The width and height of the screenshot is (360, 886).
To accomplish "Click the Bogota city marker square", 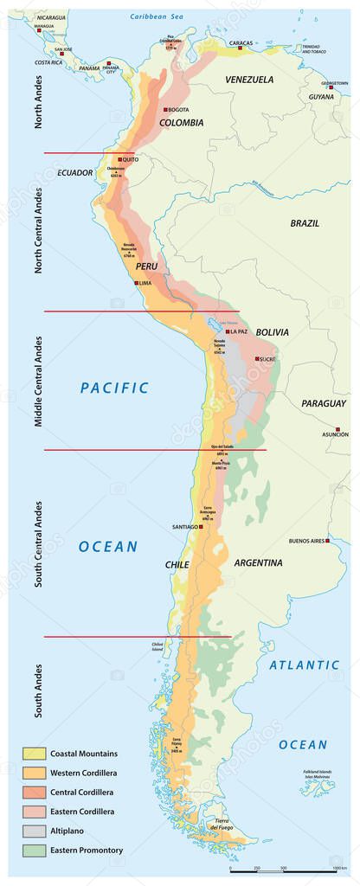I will pos(165,110).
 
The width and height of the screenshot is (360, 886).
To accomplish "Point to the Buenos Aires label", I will pos(305,541).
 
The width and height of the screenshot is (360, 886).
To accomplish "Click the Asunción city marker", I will pos(338,429).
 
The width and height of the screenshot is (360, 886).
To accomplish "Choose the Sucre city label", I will pos(268,358).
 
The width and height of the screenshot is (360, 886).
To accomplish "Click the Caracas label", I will pos(241,43).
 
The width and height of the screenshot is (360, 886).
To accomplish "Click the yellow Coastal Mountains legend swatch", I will pos(34,754).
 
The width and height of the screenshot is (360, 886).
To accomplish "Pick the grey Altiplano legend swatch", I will pos(34,831).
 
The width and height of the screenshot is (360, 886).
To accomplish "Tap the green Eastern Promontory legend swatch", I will pos(34,851).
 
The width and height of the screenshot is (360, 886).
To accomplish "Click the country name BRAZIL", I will pos(305,222).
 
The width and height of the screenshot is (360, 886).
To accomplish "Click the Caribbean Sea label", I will pos(158,17).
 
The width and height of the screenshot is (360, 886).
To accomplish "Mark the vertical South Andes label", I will pos(38,691).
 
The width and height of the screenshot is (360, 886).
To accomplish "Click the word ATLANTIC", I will pos(304,664).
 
